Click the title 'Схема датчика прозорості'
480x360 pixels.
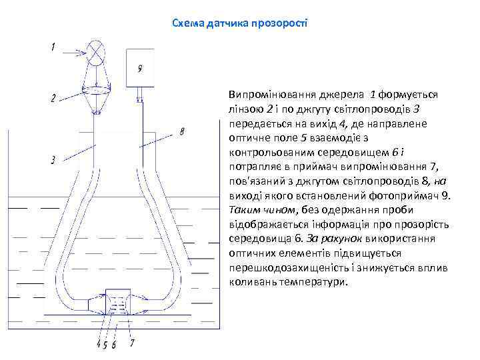239,23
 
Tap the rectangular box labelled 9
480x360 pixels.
140,68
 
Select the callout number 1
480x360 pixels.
53,47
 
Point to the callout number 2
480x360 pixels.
53,99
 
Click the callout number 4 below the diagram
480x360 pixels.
99,344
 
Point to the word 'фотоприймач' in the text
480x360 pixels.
409,195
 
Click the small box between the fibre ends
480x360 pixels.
118,301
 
